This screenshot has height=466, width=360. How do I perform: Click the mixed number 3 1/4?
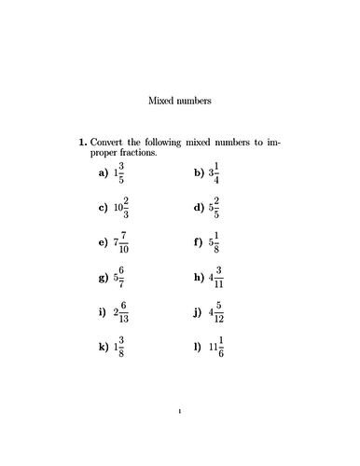pyautogui.click(x=217, y=173)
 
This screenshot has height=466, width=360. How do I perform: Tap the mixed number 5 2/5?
pyautogui.click(x=215, y=208)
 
